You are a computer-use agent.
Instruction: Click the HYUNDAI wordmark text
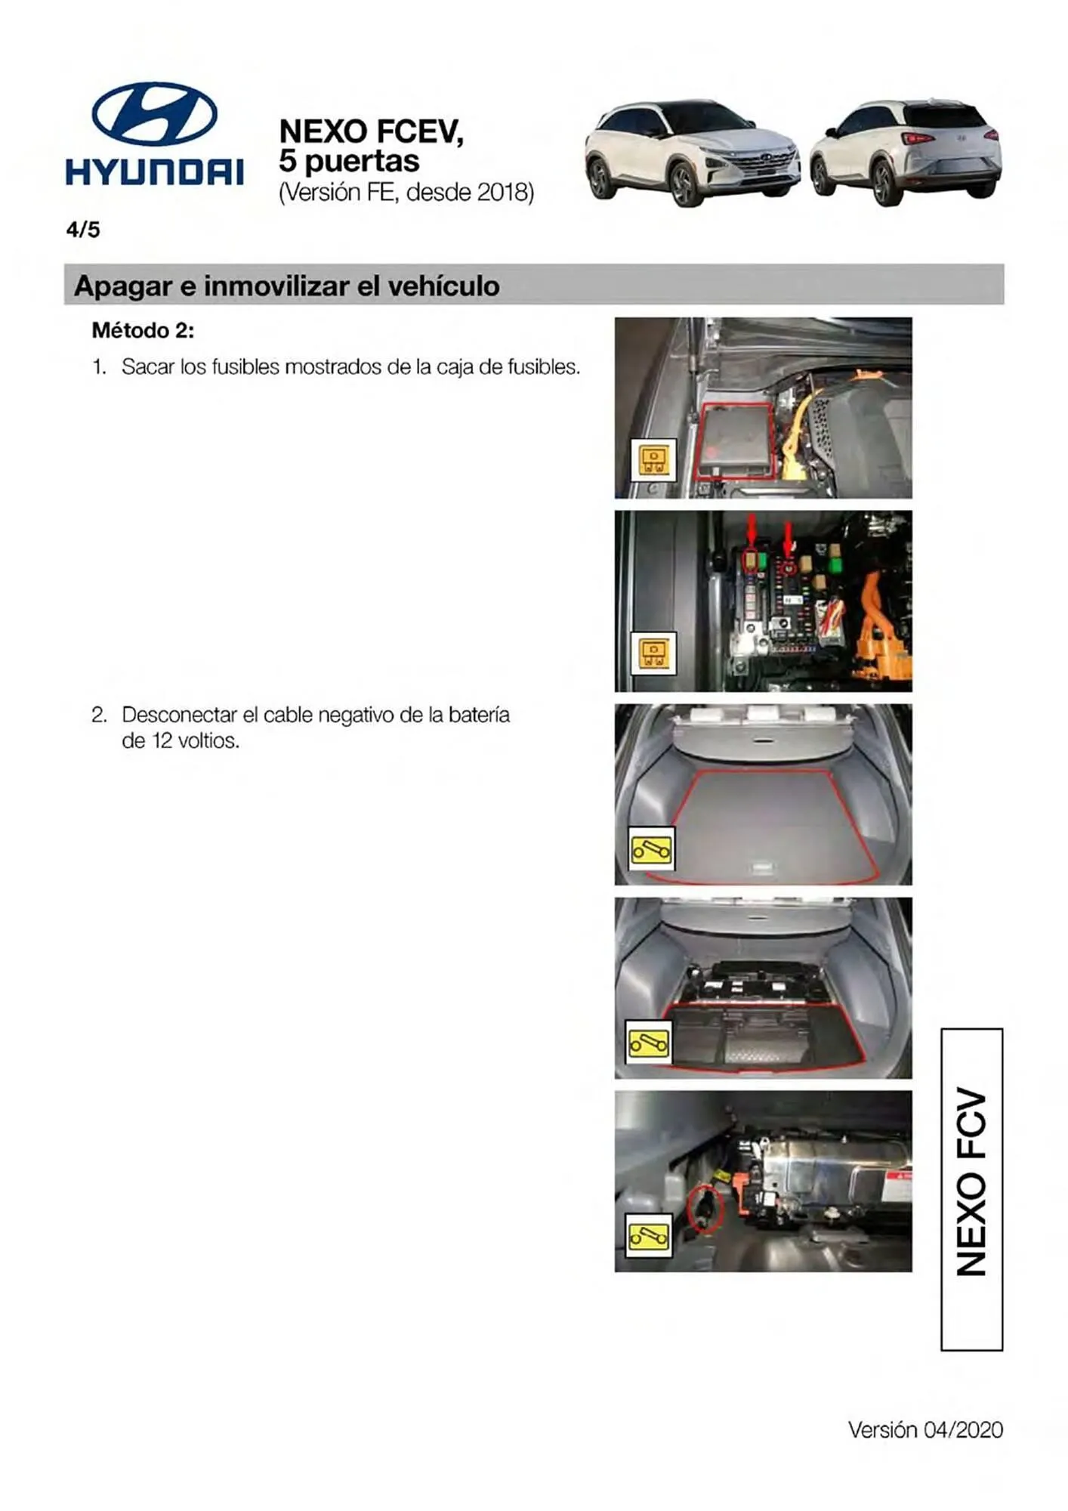[154, 171]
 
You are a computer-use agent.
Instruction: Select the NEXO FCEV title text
[371, 131]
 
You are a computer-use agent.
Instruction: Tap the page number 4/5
[83, 230]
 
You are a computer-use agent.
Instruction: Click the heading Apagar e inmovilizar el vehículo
[287, 286]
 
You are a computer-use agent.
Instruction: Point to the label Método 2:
[143, 330]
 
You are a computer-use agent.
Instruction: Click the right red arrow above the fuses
[788, 537]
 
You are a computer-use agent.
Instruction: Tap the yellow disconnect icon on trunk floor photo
[651, 850]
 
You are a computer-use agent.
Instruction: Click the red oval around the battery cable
[705, 1209]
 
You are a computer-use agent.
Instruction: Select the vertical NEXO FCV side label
[971, 1191]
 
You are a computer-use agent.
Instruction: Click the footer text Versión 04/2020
[924, 1430]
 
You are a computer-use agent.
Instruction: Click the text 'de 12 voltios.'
[181, 741]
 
